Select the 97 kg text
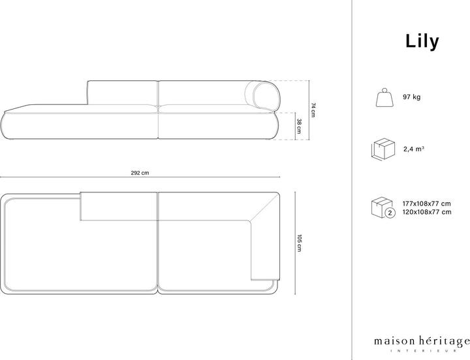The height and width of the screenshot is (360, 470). (x=412, y=97)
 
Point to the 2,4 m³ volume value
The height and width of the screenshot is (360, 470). (x=414, y=149)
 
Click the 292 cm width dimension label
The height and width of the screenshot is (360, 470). (x=140, y=173)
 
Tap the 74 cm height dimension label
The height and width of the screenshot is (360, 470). (x=313, y=110)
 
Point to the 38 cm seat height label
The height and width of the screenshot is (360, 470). (x=298, y=125)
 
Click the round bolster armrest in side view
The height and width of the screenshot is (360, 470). (x=266, y=95)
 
